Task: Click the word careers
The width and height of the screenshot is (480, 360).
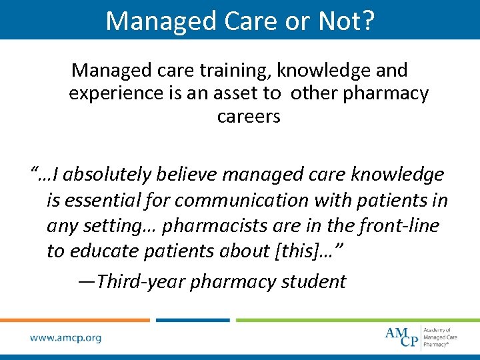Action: tap(249, 117)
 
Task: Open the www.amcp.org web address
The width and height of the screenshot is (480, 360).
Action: tap(66, 338)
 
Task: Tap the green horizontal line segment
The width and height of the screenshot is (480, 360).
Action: tap(357, 320)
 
